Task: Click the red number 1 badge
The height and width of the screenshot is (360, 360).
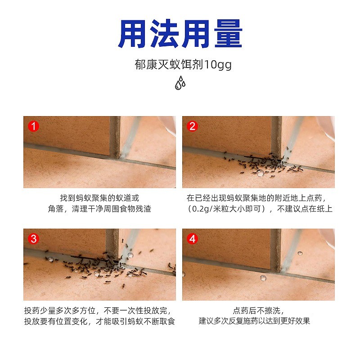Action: (x=33, y=126)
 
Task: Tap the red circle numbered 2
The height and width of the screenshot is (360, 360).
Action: (x=193, y=126)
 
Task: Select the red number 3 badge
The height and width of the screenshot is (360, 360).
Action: (x=33, y=239)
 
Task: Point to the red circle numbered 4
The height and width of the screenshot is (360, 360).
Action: (x=193, y=239)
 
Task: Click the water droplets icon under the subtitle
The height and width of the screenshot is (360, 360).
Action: (x=180, y=83)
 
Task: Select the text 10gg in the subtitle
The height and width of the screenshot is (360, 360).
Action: (x=218, y=65)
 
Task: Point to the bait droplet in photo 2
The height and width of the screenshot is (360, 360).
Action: (x=261, y=173)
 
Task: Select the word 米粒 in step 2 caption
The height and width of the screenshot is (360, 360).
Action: (x=220, y=209)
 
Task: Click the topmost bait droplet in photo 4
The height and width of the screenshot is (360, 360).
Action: (x=300, y=253)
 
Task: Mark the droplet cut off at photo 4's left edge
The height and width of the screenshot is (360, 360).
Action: (x=184, y=274)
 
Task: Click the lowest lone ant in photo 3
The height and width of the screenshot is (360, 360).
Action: (x=123, y=286)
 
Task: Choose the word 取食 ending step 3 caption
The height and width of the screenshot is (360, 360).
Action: (x=167, y=321)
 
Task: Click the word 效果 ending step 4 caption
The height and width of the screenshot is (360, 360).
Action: (x=302, y=321)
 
